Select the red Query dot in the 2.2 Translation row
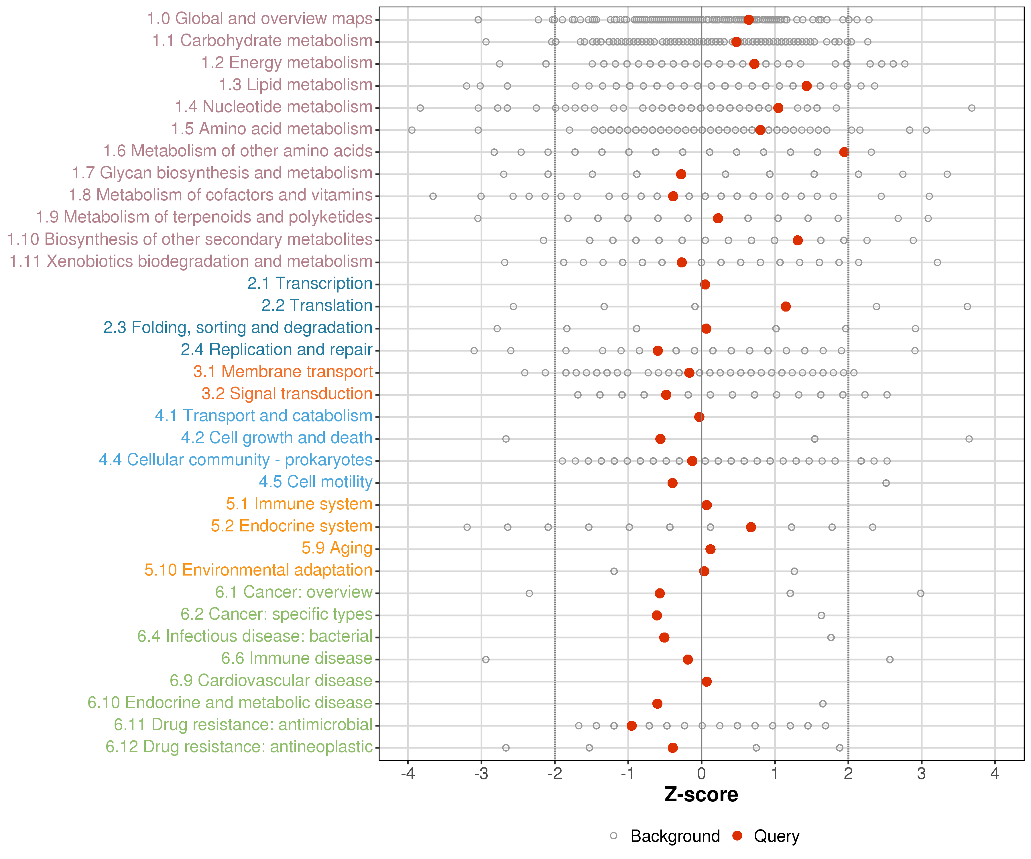(786, 307)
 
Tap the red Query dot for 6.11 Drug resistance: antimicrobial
(632, 726)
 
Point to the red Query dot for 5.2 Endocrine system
(751, 527)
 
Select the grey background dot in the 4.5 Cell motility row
(886, 483)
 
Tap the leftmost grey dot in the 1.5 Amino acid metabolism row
(412, 130)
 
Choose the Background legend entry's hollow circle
(614, 836)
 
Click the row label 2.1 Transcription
(310, 284)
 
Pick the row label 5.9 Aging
(337, 548)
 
